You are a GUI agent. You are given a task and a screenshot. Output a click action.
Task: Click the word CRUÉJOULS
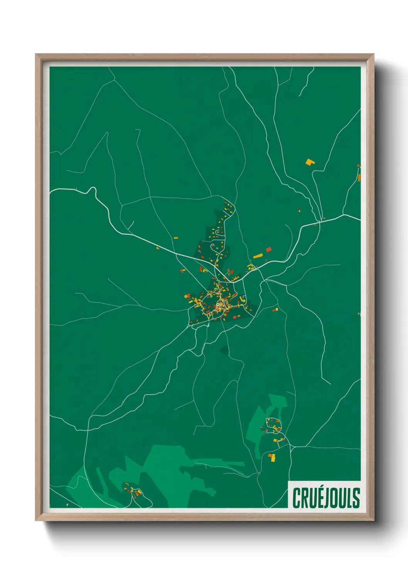[326, 498]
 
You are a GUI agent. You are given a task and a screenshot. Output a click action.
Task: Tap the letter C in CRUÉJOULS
[297, 498]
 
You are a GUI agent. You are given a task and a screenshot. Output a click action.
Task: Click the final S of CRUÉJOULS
[356, 498]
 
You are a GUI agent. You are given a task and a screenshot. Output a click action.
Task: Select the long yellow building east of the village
[258, 256]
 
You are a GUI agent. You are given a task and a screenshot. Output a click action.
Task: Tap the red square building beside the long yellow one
[268, 250]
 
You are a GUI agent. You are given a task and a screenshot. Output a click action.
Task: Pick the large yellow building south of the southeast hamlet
[272, 458]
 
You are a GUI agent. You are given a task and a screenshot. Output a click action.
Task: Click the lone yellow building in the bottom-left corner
[67, 504]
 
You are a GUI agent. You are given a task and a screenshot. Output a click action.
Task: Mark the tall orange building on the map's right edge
[359, 178]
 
